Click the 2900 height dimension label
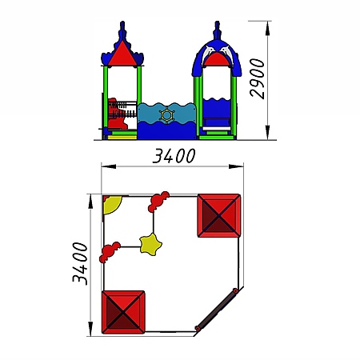[257, 79]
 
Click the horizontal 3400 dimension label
[174, 156]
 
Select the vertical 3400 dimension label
[80, 264]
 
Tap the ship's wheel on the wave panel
[167, 115]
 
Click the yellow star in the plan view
[150, 245]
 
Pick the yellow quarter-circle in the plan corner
[111, 204]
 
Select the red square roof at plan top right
[219, 215]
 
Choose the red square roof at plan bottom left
[123, 312]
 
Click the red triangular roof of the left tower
[122, 54]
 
